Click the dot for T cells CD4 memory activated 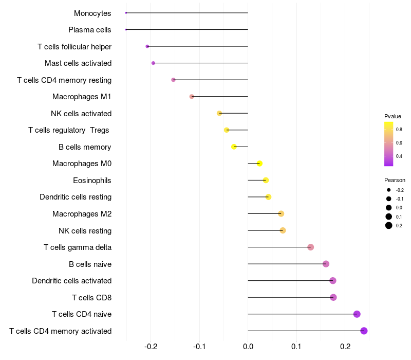(x=364, y=331)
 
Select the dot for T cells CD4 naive (x=357, y=314)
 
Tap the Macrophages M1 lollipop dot (x=192, y=97)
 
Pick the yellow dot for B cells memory (x=234, y=147)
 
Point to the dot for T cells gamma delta (x=310, y=247)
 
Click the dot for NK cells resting (x=283, y=230)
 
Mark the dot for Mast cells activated (x=153, y=63)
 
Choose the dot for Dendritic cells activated (x=333, y=281)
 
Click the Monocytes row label (x=92, y=13)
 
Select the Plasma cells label (x=90, y=30)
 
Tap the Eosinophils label (x=92, y=181)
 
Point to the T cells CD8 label (x=92, y=298)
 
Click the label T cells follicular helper (x=74, y=47)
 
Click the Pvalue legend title (x=393, y=116)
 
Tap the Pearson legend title (x=395, y=180)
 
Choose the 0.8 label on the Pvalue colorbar (x=399, y=129)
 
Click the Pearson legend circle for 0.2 (x=389, y=225)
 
